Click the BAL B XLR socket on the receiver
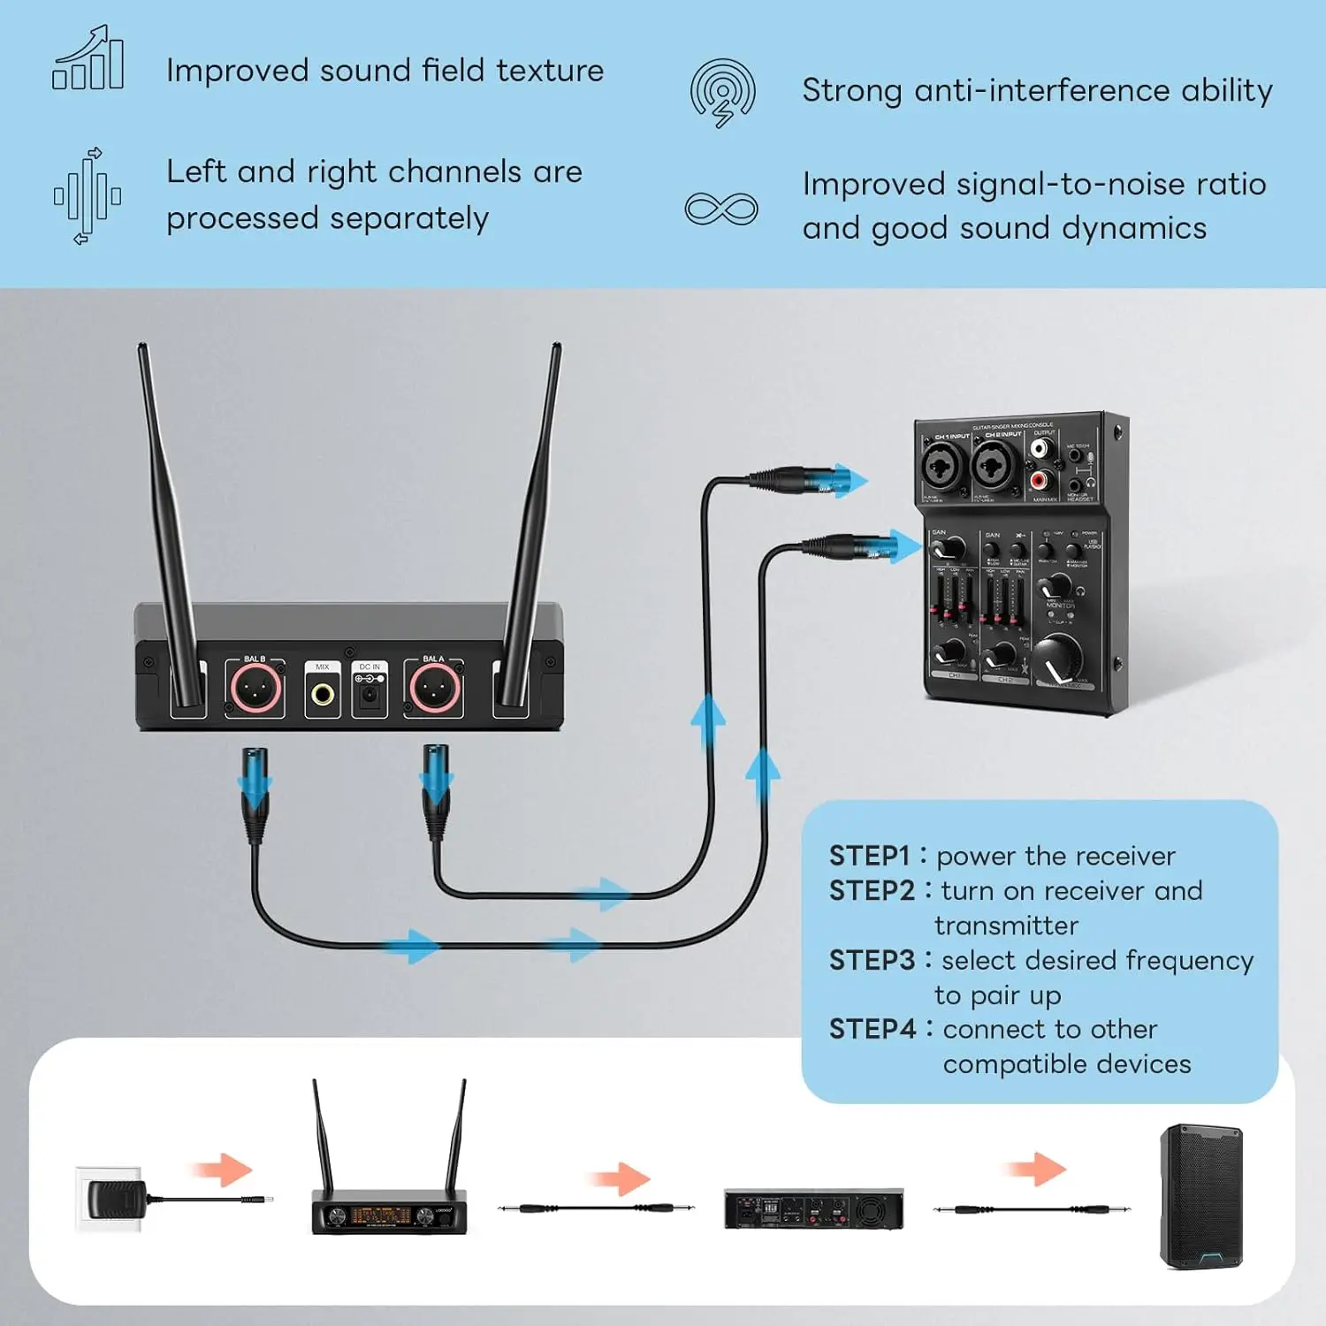click(x=255, y=689)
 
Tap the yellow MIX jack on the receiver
click(x=323, y=694)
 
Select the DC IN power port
click(x=369, y=696)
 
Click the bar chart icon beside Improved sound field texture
click(x=88, y=58)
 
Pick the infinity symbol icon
click(x=721, y=210)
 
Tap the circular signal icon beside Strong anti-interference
click(x=723, y=92)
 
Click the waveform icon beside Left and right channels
click(x=87, y=195)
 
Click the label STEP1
click(x=869, y=856)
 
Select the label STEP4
click(x=873, y=1029)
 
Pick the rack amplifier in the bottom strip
click(x=813, y=1208)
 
